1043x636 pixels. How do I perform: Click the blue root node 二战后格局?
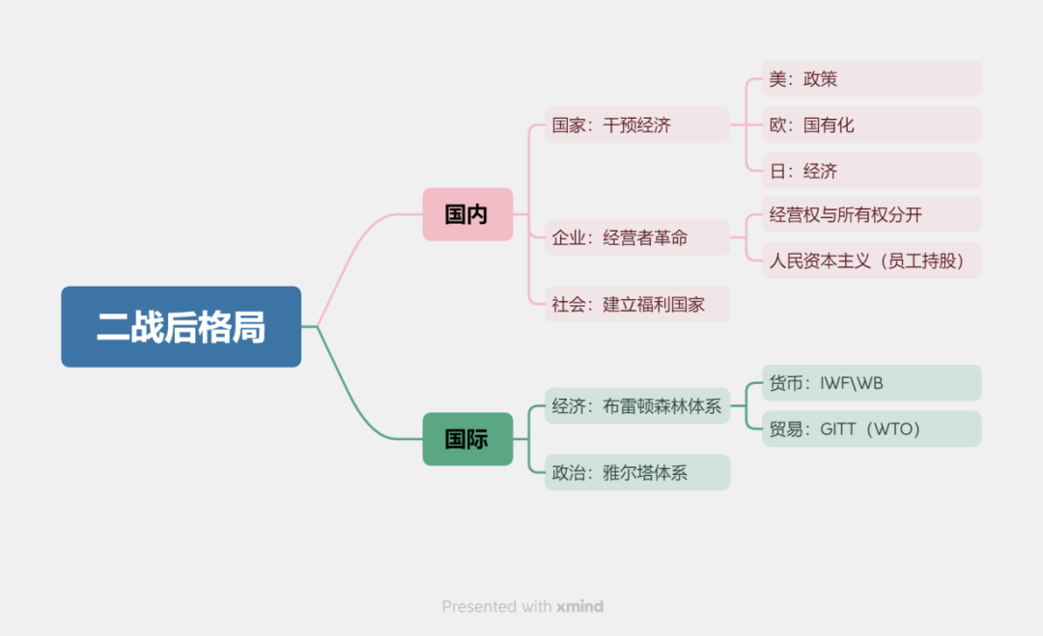(x=181, y=327)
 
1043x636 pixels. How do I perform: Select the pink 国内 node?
(x=467, y=214)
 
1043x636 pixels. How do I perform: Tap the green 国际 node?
(x=467, y=439)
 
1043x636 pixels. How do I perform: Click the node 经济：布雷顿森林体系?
(x=636, y=406)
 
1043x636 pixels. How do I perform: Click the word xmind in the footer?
(x=579, y=607)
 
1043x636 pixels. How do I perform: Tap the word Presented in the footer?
(x=480, y=607)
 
